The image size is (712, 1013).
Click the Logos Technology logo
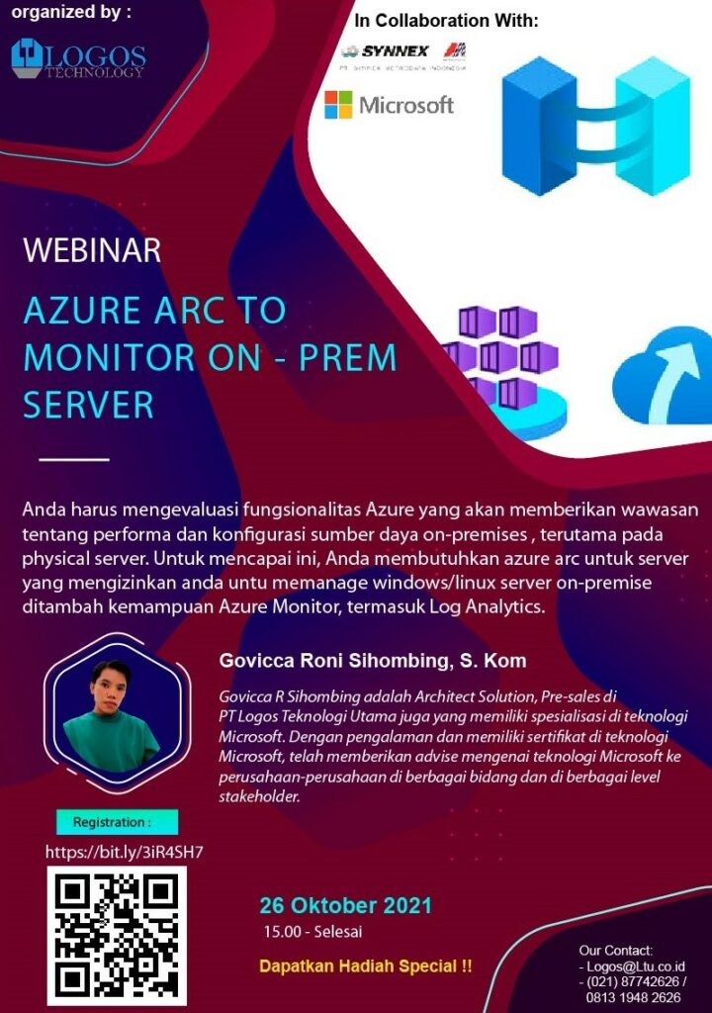tap(78, 58)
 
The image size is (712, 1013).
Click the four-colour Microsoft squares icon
tap(338, 105)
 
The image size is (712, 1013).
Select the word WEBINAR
tap(92, 250)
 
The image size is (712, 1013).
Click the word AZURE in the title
tap(82, 310)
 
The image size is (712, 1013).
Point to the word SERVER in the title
tap(89, 405)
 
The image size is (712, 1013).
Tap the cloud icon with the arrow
tap(664, 376)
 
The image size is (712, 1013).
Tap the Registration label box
tap(117, 822)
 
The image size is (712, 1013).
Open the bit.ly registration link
tap(124, 852)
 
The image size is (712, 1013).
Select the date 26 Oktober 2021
tap(345, 905)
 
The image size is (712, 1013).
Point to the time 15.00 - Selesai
tap(312, 932)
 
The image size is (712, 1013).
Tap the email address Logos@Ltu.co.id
tap(636, 967)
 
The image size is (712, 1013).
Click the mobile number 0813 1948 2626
tap(633, 997)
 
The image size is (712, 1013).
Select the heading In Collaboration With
tap(446, 21)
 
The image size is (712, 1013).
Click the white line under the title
tap(74, 459)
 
